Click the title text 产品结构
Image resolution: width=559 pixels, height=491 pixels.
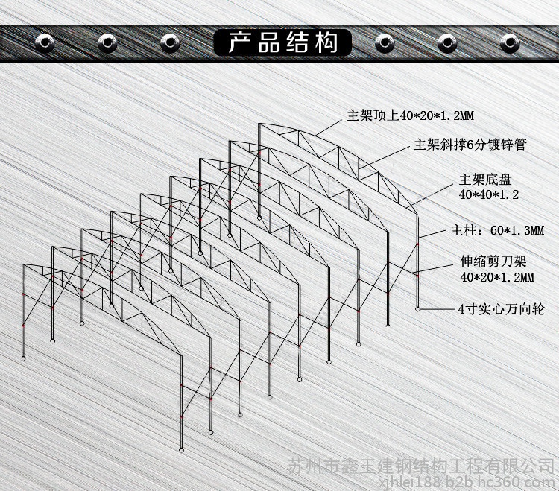[282, 42]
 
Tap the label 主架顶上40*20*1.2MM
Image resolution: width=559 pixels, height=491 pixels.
[411, 115]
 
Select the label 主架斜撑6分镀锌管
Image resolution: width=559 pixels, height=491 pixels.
[470, 145]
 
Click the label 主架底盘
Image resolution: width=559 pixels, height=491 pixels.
[485, 180]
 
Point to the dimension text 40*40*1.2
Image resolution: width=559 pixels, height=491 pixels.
[489, 194]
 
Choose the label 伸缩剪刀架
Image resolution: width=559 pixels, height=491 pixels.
[493, 262]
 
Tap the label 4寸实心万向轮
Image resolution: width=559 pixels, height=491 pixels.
[502, 309]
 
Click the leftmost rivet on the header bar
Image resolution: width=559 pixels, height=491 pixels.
[45, 43]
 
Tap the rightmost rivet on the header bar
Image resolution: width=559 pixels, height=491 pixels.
[510, 43]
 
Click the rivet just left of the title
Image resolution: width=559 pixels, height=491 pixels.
[170, 43]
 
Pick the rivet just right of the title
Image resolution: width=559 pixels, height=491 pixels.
[385, 43]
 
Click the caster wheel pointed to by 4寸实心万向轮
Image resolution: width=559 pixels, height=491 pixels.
[417, 309]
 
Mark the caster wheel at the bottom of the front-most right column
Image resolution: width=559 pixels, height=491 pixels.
[181, 450]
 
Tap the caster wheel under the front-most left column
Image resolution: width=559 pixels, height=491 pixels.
[24, 358]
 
